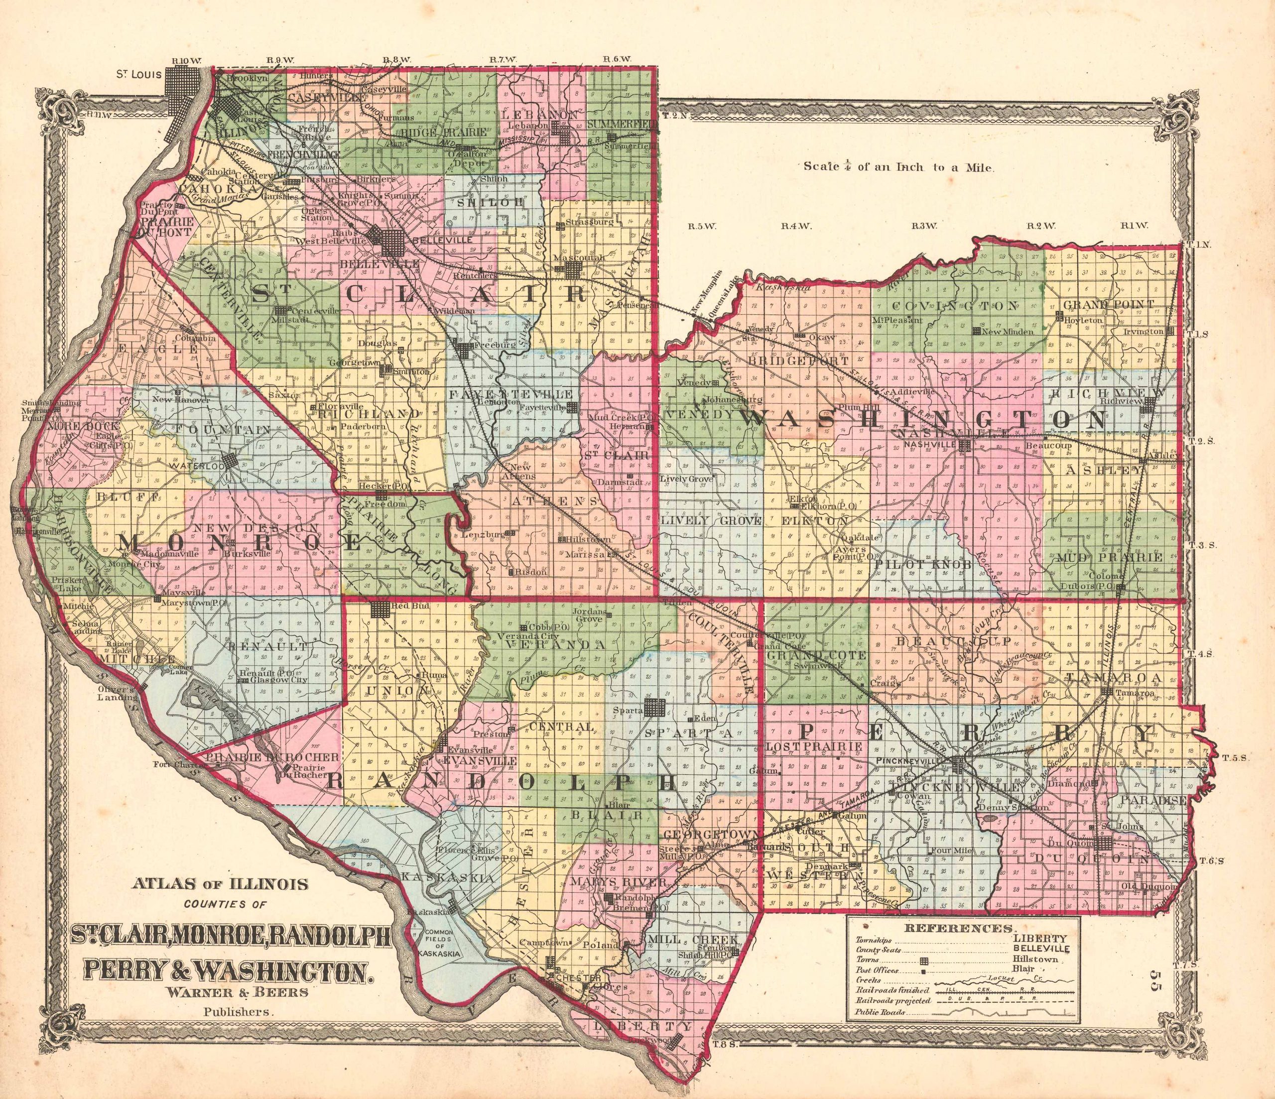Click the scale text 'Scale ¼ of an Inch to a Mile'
click(x=898, y=167)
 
